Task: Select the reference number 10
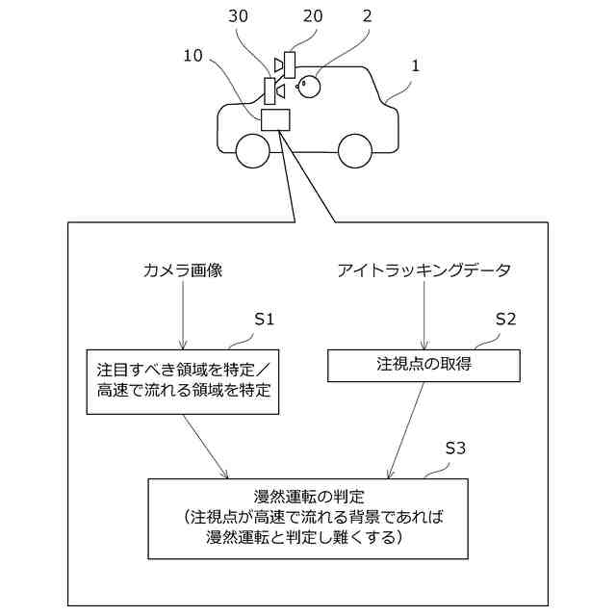point(193,57)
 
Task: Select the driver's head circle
point(309,87)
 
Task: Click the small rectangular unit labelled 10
point(275,119)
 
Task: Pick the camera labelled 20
point(289,64)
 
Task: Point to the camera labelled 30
point(269,90)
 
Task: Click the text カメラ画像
point(182,271)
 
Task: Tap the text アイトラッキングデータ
point(424,271)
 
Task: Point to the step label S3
point(455,449)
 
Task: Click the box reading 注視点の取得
point(423,365)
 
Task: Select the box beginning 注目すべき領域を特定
point(183,380)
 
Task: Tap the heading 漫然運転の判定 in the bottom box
point(309,497)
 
